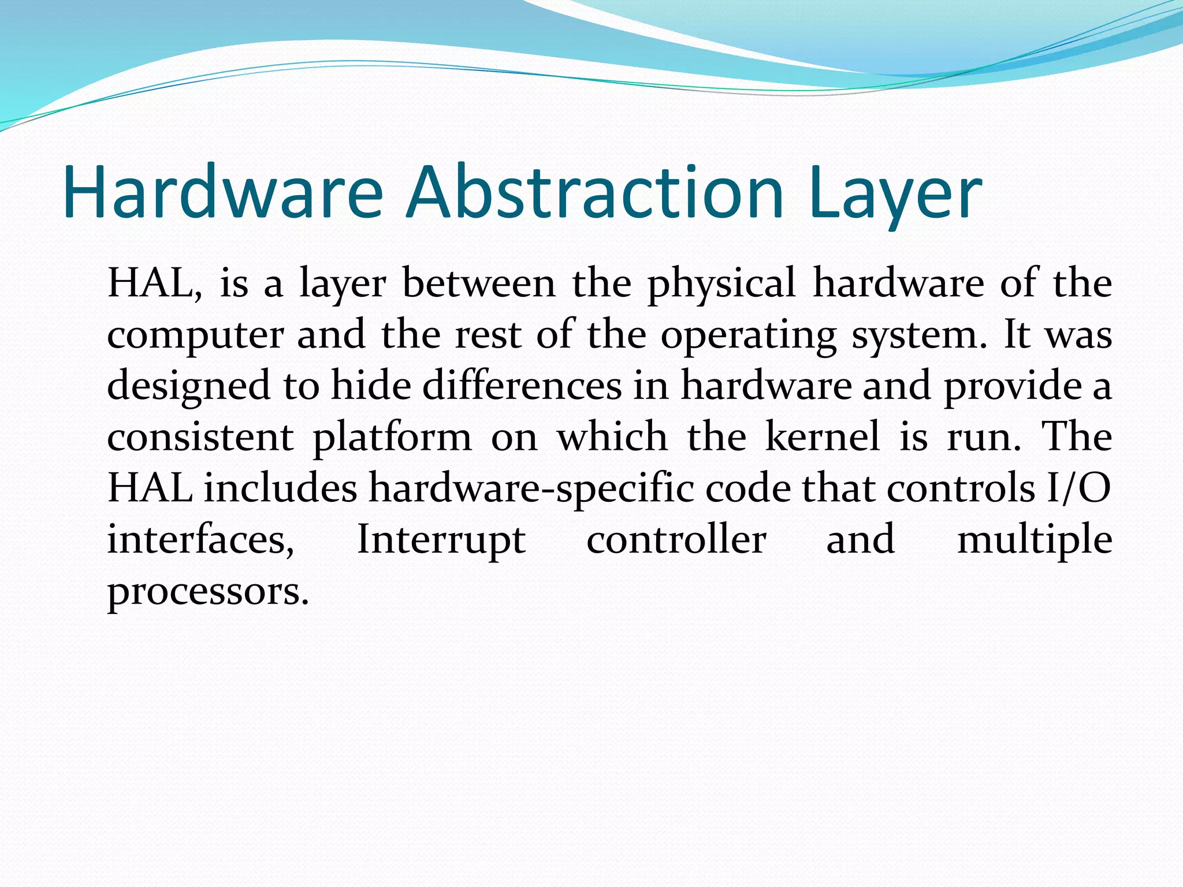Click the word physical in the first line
[x=721, y=284]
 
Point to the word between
[x=478, y=284]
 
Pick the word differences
[x=522, y=386]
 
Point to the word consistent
[x=200, y=437]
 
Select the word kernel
[x=823, y=437]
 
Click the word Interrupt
[x=441, y=541]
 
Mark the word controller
[x=676, y=540]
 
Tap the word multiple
[x=1035, y=541]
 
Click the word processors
[x=208, y=592]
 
